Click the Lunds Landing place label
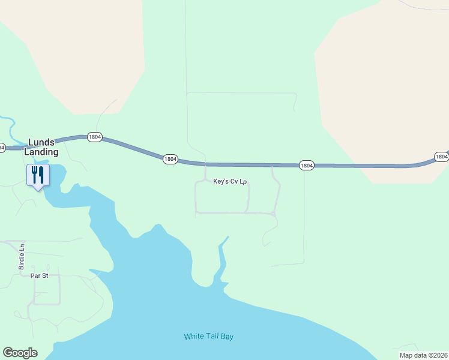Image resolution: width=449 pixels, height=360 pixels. point(41,147)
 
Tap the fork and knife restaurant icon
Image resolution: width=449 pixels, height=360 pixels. point(38,175)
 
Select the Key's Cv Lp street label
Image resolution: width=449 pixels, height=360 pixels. point(230,181)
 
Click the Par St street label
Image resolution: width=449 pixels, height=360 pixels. point(38,276)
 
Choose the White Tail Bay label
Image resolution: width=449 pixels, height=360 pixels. point(208,336)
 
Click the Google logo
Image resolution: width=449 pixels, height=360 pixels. point(20,353)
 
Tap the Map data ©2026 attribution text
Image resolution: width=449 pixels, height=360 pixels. point(424,355)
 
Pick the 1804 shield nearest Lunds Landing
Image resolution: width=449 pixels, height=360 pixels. point(94,137)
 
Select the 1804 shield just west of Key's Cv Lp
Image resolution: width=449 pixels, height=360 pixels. point(170,159)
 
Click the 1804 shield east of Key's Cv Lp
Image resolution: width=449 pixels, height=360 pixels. point(306,165)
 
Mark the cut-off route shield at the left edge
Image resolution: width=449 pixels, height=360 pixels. point(2,147)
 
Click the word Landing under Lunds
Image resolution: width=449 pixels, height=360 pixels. point(41,152)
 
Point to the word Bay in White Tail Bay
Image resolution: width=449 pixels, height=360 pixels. point(226,336)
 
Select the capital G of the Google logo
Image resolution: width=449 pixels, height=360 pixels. point(8,353)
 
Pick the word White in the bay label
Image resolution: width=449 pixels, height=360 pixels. point(193,336)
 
